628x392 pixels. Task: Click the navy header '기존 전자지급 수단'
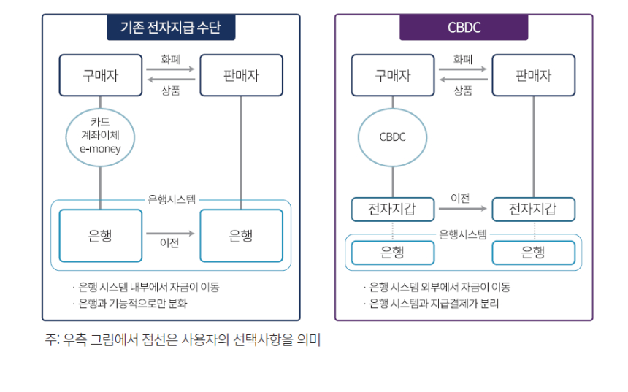(x=171, y=28)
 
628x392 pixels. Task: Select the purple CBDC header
(x=464, y=28)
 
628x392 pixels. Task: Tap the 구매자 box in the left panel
(x=100, y=75)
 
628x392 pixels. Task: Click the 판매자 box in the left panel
(x=241, y=75)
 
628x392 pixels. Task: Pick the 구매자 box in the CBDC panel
(x=393, y=75)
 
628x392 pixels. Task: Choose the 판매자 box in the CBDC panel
(x=533, y=75)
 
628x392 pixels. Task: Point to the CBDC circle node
(x=393, y=137)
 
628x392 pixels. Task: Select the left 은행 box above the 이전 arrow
(x=100, y=236)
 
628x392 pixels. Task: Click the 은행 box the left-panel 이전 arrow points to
(x=241, y=236)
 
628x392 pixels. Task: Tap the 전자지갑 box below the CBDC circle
(x=393, y=210)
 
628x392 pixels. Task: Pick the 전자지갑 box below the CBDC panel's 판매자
(x=533, y=210)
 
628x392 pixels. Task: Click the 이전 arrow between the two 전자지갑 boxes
(x=463, y=210)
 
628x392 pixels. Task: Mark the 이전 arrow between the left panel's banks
(x=171, y=234)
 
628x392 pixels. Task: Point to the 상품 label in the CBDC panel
(x=463, y=91)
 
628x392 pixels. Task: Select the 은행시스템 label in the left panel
(x=171, y=199)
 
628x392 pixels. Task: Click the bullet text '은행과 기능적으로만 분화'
(x=134, y=303)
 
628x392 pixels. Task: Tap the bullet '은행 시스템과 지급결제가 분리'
(x=434, y=303)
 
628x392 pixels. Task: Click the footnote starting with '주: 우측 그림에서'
(x=183, y=340)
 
